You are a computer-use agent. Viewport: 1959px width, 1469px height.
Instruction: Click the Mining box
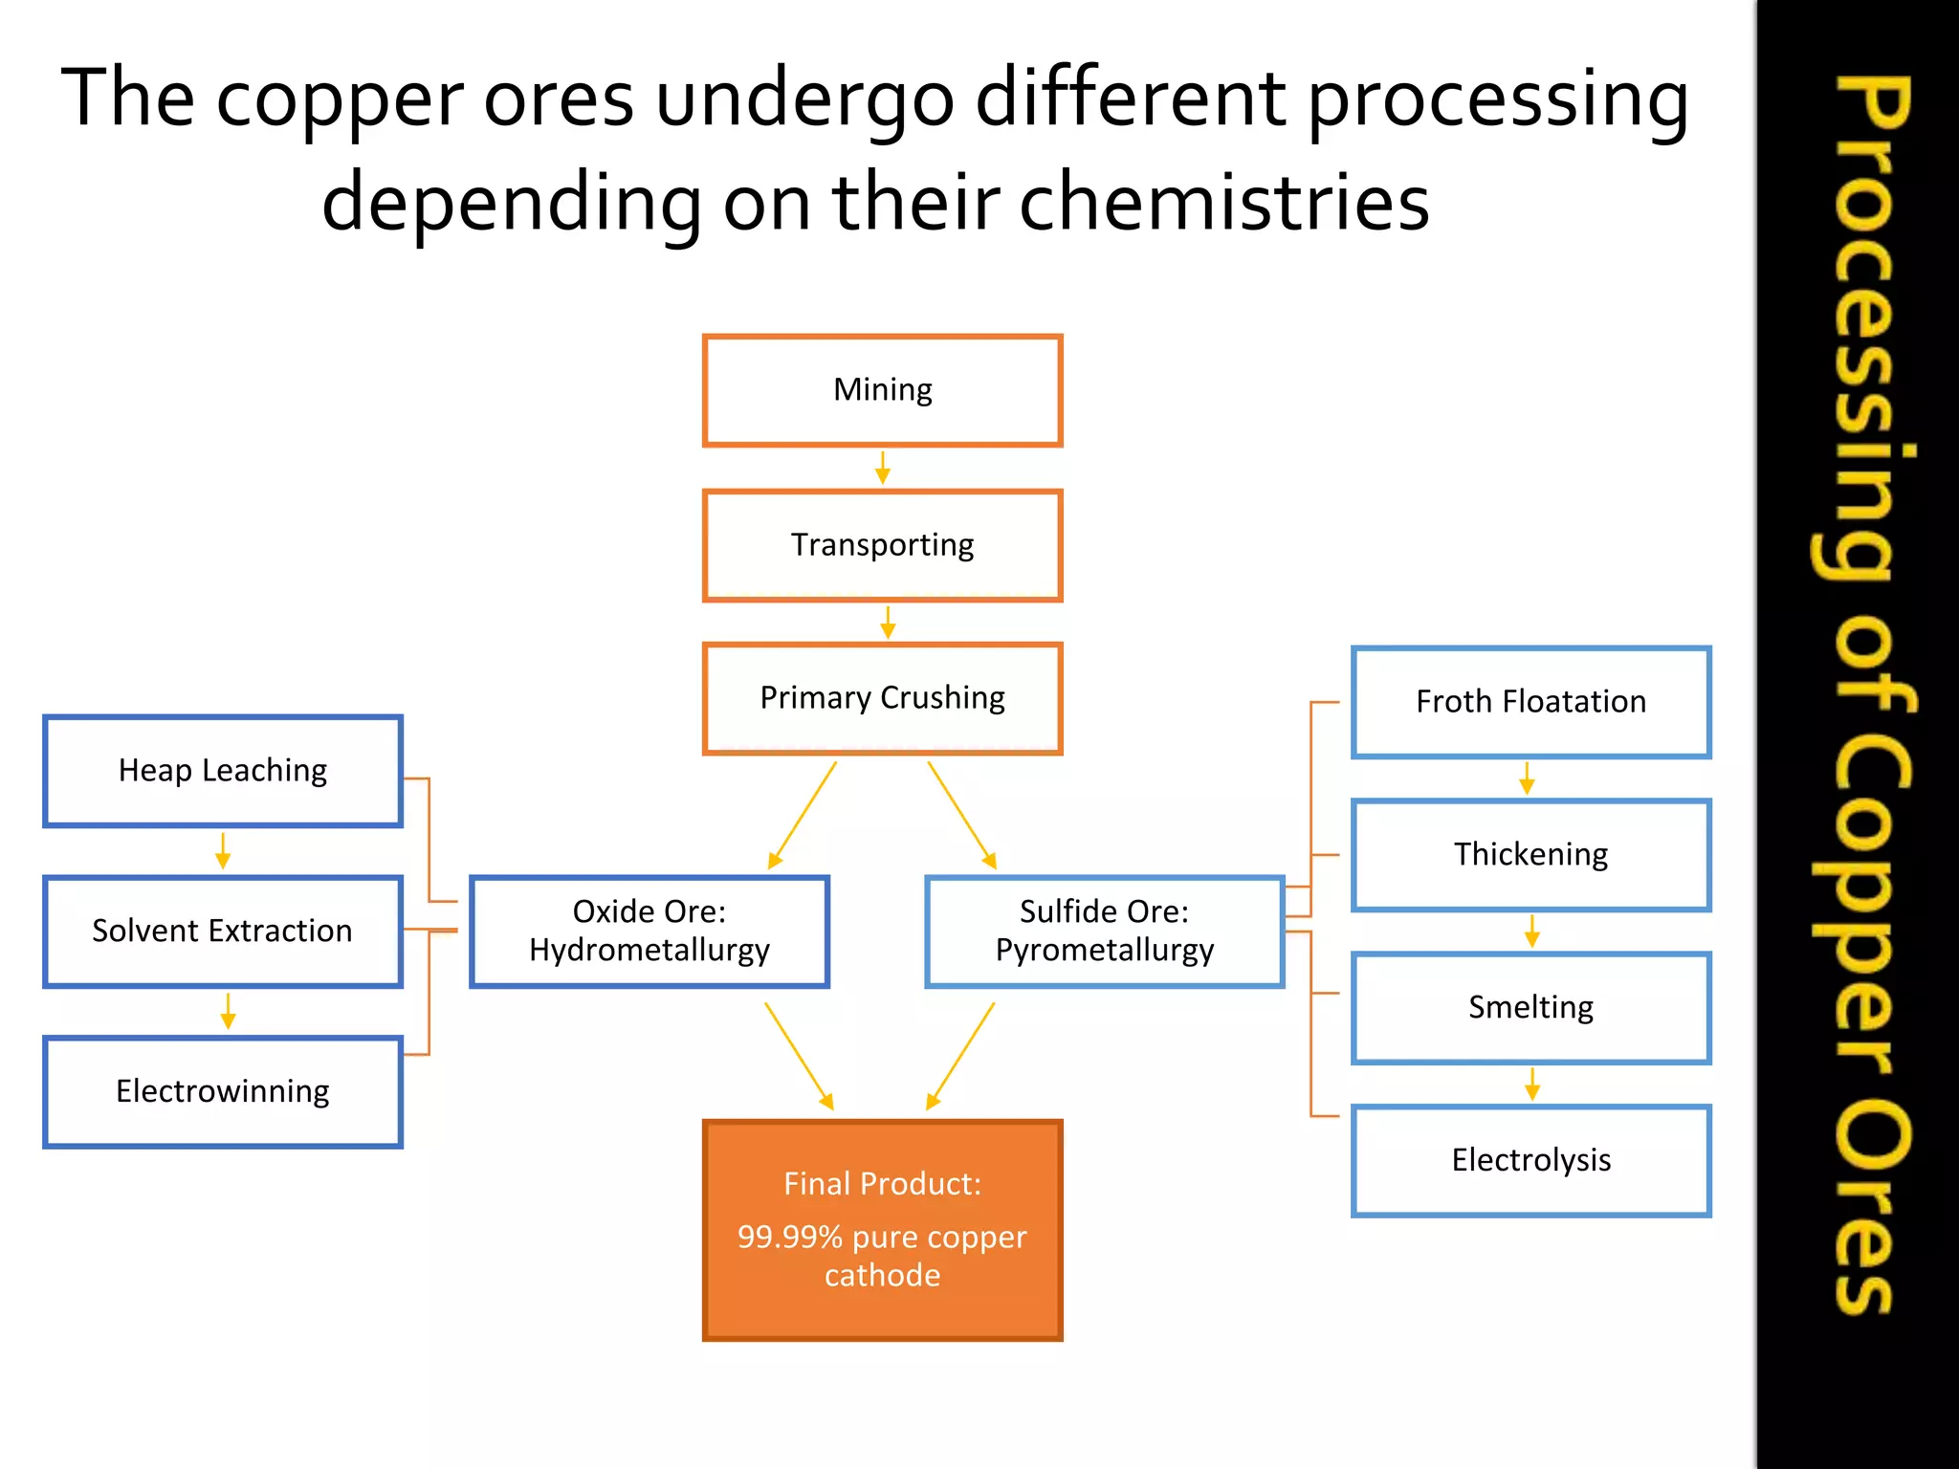(x=882, y=390)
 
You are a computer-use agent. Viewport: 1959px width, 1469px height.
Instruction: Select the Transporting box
(x=882, y=545)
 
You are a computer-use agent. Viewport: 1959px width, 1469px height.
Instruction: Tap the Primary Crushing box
(x=882, y=698)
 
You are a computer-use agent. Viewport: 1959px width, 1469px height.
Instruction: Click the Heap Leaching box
(x=223, y=771)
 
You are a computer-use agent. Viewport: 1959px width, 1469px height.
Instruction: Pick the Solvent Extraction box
(x=223, y=932)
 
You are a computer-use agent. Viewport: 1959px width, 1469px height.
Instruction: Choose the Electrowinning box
(x=223, y=1092)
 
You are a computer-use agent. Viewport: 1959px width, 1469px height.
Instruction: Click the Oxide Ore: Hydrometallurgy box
(x=649, y=932)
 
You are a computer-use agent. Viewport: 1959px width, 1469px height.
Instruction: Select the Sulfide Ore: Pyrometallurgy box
(x=1105, y=932)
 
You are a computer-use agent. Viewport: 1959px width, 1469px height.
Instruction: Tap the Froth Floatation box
(x=1530, y=702)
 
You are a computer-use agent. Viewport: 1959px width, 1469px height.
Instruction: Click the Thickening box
(x=1530, y=855)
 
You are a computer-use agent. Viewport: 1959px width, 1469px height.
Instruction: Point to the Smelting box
(x=1530, y=1008)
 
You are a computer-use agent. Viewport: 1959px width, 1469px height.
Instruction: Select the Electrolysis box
(x=1530, y=1161)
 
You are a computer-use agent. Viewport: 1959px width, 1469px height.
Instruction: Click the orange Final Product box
(x=882, y=1230)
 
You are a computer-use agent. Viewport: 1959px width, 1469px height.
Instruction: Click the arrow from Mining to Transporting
(x=883, y=469)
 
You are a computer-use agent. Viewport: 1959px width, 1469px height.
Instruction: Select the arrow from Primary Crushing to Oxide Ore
(x=803, y=816)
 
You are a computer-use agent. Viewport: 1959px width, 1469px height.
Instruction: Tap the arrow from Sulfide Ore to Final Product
(x=961, y=1056)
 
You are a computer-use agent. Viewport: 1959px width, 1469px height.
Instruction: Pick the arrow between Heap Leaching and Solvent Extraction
(x=223, y=850)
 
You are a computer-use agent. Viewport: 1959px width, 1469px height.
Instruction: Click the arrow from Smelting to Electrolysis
(x=1532, y=1085)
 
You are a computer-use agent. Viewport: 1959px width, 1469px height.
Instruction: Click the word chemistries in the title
(x=1224, y=203)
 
